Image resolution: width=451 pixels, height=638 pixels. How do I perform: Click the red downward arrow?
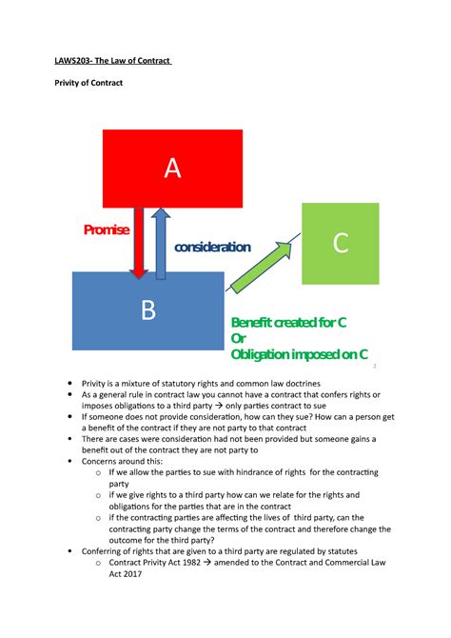click(x=139, y=242)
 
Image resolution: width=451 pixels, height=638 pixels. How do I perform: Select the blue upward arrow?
click(x=161, y=242)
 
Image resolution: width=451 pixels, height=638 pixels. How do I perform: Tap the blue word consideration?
click(x=211, y=248)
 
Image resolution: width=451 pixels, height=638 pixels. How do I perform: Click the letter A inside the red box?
click(x=171, y=168)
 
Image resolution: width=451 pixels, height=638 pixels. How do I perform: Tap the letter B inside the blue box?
click(x=148, y=310)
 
